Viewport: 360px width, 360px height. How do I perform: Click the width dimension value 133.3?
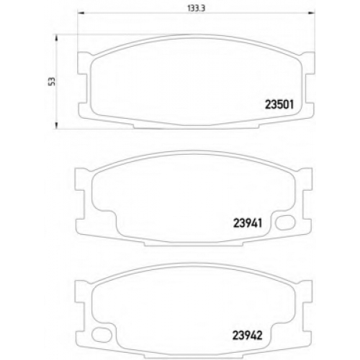pyautogui.click(x=196, y=9)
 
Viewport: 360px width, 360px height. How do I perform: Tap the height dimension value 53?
pyautogui.click(x=52, y=81)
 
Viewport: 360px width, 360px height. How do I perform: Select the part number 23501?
pyautogui.click(x=279, y=105)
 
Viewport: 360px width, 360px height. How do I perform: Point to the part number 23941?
pyautogui.click(x=248, y=223)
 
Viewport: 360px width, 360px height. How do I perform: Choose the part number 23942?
pyautogui.click(x=247, y=335)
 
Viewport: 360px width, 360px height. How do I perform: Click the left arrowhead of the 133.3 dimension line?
pyautogui.click(x=81, y=12)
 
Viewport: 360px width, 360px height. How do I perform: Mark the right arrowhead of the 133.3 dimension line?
pyautogui.click(x=312, y=12)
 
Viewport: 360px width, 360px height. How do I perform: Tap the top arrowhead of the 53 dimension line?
pyautogui.click(x=56, y=38)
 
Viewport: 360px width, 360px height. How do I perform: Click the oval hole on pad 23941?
pyautogui.click(x=285, y=223)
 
